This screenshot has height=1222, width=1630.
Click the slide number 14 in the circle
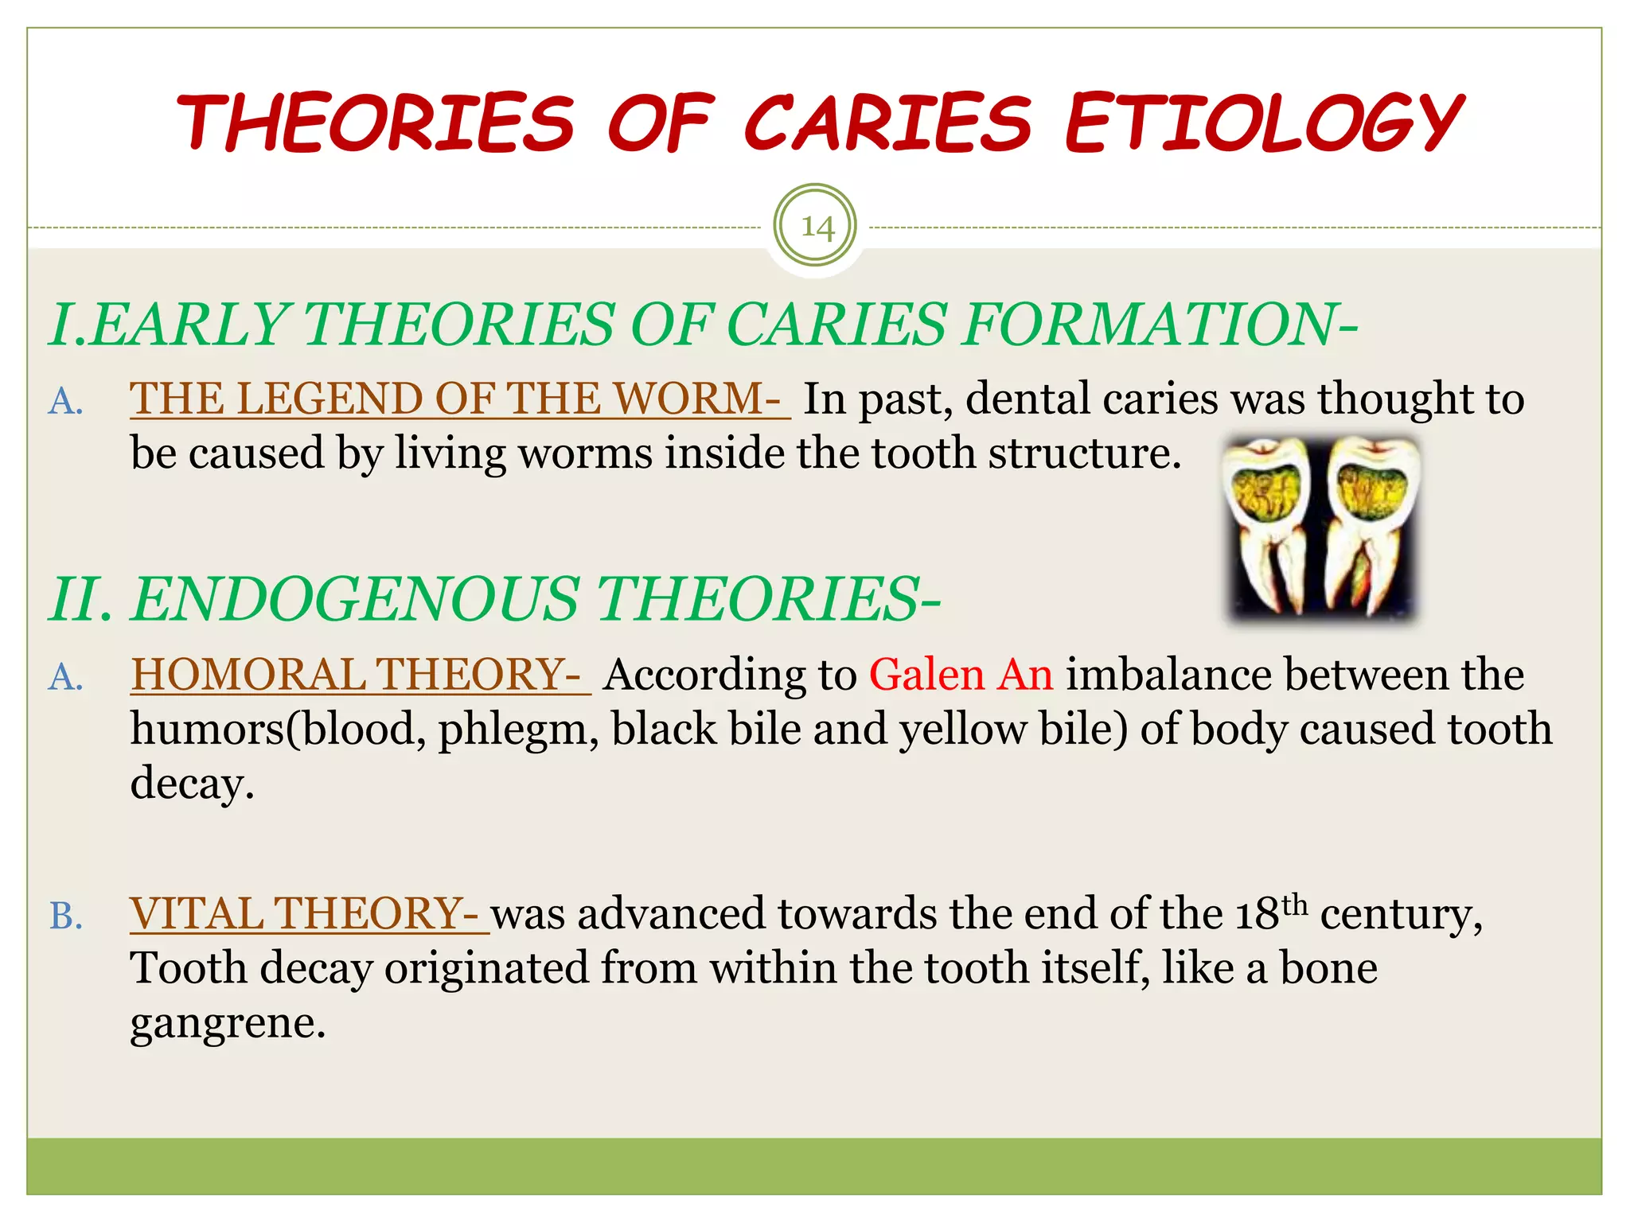click(816, 228)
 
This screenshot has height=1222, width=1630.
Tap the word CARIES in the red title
click(887, 123)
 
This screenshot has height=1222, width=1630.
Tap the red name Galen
click(926, 675)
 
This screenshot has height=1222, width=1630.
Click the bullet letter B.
click(66, 916)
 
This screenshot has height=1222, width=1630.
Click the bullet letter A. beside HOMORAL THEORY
click(66, 678)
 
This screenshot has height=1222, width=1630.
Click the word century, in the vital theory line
click(1402, 915)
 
